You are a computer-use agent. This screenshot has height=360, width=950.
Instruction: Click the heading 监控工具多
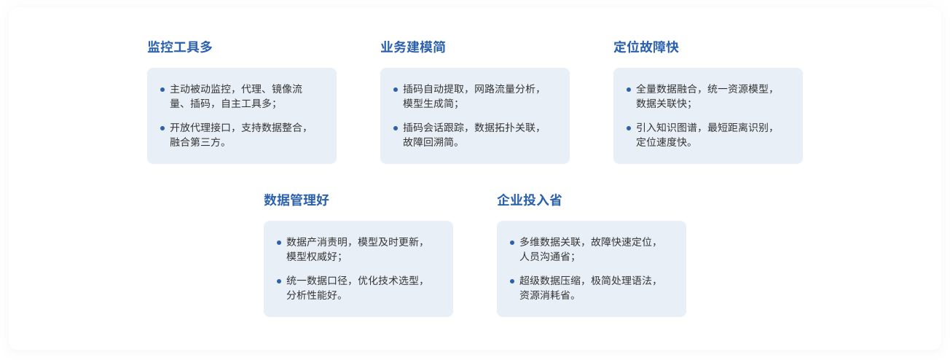pos(180,47)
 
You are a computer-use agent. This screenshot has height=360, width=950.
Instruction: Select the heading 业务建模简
pos(412,47)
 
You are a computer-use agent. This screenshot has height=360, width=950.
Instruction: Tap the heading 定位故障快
pos(646,47)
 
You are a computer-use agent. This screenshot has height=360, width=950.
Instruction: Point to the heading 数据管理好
pos(297,200)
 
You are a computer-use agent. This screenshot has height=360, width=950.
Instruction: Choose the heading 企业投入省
pos(530,200)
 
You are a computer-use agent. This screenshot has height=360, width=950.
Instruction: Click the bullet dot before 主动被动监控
pos(162,90)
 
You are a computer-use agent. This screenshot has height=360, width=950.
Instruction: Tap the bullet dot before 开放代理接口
pos(162,128)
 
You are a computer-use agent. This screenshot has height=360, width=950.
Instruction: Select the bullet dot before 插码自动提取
pos(396,90)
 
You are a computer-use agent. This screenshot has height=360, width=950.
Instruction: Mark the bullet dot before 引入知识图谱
pos(629,128)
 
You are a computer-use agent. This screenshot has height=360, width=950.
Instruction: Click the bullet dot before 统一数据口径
pos(279,281)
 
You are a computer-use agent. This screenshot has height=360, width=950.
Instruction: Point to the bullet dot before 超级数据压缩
pos(512,281)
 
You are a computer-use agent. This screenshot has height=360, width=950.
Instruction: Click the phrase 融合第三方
pos(195,142)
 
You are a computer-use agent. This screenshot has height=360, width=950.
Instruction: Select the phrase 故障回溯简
pos(428,142)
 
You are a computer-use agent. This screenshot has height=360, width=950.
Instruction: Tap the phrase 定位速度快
pos(662,142)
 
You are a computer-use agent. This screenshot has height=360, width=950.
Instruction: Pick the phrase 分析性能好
pos(312,295)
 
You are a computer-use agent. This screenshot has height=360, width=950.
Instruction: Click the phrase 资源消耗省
pos(545,295)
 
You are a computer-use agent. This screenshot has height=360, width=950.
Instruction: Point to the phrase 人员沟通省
pos(545,257)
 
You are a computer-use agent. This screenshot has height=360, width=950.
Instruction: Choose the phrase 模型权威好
pos(312,257)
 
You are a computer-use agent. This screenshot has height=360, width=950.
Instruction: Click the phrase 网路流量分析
pos(505,89)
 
